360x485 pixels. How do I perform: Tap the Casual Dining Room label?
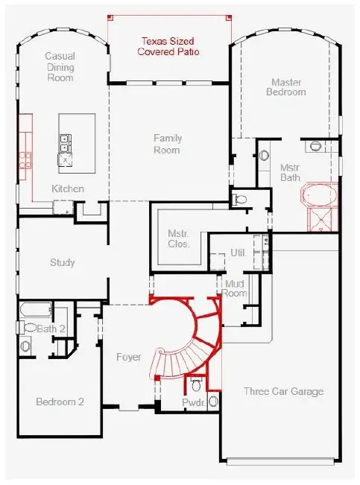[x=60, y=66]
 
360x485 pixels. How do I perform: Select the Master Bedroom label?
[x=288, y=86]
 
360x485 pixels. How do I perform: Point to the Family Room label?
[x=167, y=144]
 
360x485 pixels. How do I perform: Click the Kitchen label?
[x=67, y=189]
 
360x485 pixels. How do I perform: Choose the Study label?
[x=63, y=263]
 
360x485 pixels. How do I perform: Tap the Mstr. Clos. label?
[x=179, y=238]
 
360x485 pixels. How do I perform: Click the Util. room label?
[x=238, y=253]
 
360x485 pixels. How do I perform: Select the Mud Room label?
[x=236, y=288]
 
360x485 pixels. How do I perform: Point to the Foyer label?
[x=129, y=358]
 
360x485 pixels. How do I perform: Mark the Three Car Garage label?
[x=283, y=391]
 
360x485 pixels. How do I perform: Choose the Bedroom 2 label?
[x=60, y=402]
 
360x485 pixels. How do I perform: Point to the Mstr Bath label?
[x=289, y=173]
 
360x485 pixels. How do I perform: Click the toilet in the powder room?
[x=196, y=384]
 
